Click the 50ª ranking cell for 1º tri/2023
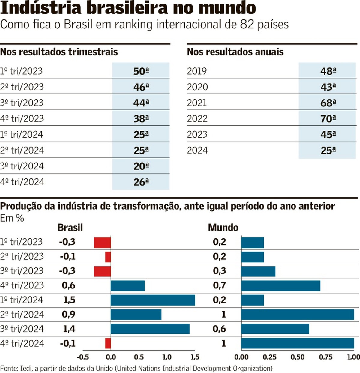tap(141, 71)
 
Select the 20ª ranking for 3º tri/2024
tap(141, 166)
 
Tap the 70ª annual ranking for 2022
tap(328, 119)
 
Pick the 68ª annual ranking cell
tap(328, 103)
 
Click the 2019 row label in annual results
tap(197, 71)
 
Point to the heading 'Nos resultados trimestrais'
tap(59, 52)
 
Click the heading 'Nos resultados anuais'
tap(235, 52)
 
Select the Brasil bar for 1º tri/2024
tap(153, 300)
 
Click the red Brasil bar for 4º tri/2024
tap(108, 343)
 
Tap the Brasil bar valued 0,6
tap(128, 286)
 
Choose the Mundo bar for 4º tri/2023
tap(280, 286)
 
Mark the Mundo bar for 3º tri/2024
tap(275, 329)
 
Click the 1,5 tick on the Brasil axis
tap(195, 357)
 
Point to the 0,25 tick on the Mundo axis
tap(269, 357)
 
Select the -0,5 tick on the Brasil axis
tap(83, 357)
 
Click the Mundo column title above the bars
tap(223, 228)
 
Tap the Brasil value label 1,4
tap(69, 329)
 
